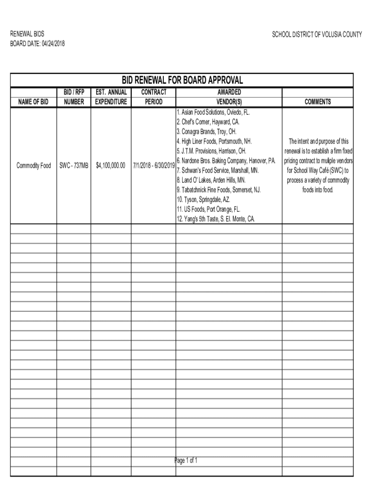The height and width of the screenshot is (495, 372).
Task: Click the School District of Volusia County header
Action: pyautogui.click(x=317, y=35)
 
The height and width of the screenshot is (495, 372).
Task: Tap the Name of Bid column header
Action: pyautogui.click(x=33, y=102)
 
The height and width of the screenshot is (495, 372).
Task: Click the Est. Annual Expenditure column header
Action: pyautogui.click(x=111, y=97)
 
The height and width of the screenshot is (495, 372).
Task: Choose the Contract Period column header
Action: pyautogui.click(x=154, y=97)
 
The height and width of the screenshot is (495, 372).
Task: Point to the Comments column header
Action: pyautogui.click(x=317, y=102)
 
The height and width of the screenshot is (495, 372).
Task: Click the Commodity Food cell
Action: pyautogui.click(x=33, y=166)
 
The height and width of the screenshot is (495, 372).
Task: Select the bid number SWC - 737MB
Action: pyautogui.click(x=74, y=166)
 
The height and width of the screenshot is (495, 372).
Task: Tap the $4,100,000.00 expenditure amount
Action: pyautogui.click(x=111, y=166)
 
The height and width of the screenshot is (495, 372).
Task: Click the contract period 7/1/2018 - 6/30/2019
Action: pyautogui.click(x=154, y=166)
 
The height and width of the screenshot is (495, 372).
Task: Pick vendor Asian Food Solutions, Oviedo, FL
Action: pyautogui.click(x=213, y=112)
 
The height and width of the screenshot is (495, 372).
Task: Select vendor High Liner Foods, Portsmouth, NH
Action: pyautogui.click(x=214, y=141)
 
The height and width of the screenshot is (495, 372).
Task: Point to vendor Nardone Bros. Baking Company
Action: pyautogui.click(x=226, y=160)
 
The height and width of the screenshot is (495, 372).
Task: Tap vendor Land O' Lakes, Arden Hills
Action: pyautogui.click(x=211, y=180)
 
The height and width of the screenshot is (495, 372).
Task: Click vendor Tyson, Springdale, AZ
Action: pyautogui.click(x=202, y=199)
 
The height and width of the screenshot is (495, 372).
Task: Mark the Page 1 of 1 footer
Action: pyautogui.click(x=186, y=460)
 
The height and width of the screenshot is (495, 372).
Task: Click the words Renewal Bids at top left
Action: pyautogui.click(x=28, y=35)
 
